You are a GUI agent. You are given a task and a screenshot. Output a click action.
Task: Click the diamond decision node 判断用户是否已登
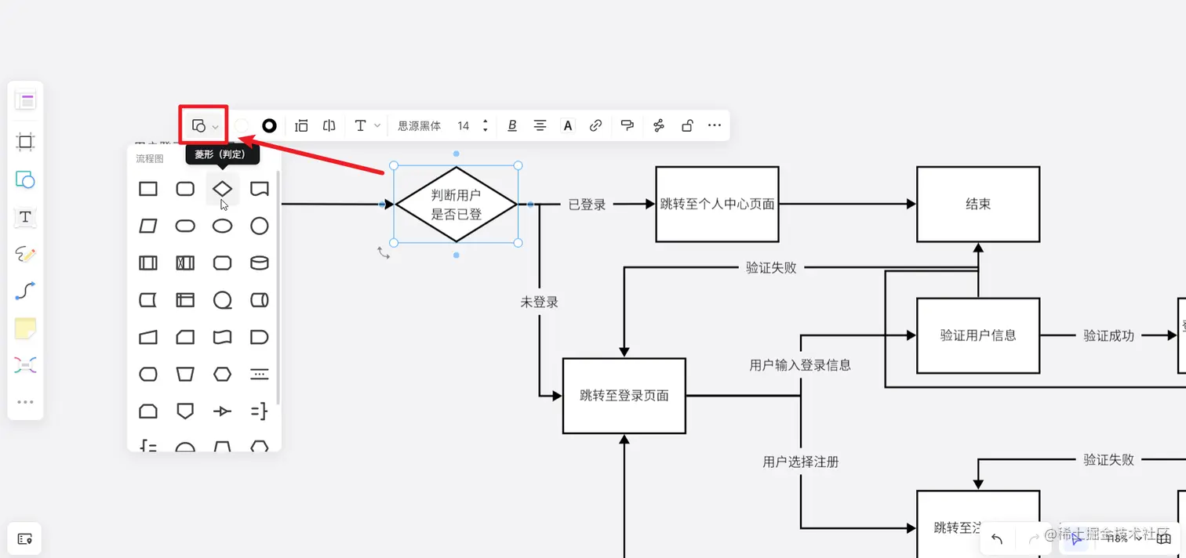456,204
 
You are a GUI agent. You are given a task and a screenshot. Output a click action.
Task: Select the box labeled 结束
977,204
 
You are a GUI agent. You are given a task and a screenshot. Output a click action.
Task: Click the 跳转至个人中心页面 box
717,204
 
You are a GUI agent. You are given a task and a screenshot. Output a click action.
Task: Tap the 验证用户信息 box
977,335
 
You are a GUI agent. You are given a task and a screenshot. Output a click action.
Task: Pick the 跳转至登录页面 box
624,396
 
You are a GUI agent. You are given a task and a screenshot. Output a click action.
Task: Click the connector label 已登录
587,205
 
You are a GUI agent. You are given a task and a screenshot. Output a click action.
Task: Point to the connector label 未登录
539,302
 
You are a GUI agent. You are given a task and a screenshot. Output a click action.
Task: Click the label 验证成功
1108,335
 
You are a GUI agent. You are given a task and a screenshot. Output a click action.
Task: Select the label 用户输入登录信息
800,364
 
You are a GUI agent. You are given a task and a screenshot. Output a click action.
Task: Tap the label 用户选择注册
800,462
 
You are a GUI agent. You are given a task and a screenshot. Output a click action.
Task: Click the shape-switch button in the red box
204,125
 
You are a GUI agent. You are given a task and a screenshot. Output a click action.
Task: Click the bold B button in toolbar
512,125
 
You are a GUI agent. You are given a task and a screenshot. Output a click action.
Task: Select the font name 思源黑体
419,125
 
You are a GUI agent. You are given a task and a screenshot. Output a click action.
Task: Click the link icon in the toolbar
595,125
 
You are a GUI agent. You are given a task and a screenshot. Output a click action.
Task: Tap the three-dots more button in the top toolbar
714,125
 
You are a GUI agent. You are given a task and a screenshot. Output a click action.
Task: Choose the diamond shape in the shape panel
223,189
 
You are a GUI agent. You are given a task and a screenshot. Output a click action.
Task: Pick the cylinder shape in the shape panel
259,263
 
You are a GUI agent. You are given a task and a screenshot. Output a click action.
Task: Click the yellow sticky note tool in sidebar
25,329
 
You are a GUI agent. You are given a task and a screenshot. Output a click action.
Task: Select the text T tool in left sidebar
25,217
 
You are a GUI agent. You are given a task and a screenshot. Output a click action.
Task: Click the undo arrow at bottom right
997,538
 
